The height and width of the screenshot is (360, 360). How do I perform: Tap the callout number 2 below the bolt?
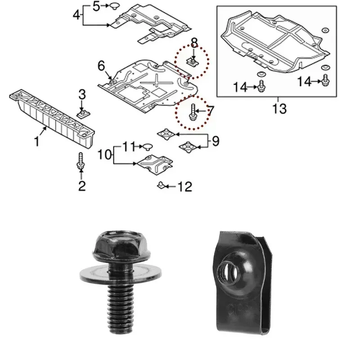pos(81,185)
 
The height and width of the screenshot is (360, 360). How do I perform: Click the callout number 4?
pos(76,14)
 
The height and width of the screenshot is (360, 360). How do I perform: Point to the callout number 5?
pos(97,6)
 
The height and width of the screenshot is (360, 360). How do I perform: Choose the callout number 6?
pos(101,66)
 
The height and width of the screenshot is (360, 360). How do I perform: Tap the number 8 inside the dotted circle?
pos(194,43)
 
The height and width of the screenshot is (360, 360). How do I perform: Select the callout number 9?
pos(215,141)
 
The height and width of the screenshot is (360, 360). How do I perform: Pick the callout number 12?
pos(185,185)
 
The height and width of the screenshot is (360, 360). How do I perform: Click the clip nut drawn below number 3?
pos(82,112)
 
